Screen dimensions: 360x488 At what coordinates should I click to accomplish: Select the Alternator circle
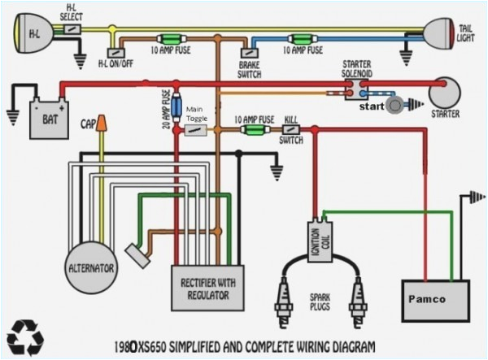click(90, 265)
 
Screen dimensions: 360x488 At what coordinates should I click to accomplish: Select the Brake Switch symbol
click(248, 53)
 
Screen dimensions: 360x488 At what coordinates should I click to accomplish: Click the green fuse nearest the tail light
click(307, 37)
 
